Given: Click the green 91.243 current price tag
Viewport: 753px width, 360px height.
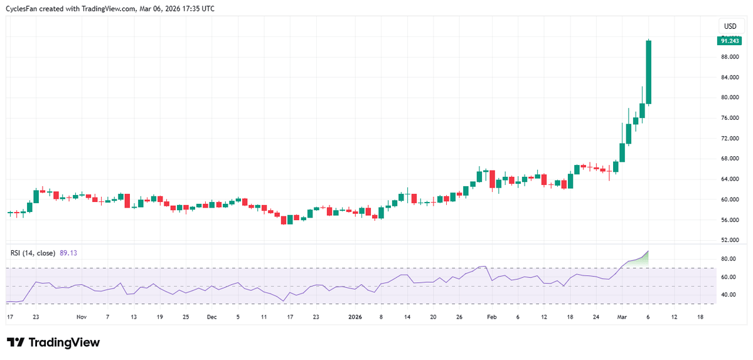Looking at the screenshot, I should pyautogui.click(x=729, y=41).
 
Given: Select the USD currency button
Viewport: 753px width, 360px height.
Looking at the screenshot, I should pyautogui.click(x=730, y=26).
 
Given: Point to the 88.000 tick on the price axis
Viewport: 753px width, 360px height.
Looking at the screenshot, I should pyautogui.click(x=729, y=57).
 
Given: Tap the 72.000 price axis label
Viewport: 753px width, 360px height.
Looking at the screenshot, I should pyautogui.click(x=729, y=138).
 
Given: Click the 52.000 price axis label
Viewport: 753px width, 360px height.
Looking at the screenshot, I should pyautogui.click(x=729, y=240).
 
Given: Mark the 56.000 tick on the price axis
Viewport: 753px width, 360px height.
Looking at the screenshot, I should pyautogui.click(x=729, y=220).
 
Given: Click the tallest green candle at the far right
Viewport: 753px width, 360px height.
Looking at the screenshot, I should pyautogui.click(x=649, y=72).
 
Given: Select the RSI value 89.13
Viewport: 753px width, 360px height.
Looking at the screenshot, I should pyautogui.click(x=68, y=253).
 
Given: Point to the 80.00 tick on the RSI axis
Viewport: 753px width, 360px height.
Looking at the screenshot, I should pyautogui.click(x=728, y=259).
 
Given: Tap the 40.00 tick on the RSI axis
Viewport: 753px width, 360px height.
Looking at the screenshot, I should pyautogui.click(x=728, y=295).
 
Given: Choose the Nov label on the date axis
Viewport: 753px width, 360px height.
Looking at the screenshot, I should pyautogui.click(x=81, y=317).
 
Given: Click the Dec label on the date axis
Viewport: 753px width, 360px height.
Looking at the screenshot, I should pyautogui.click(x=211, y=317).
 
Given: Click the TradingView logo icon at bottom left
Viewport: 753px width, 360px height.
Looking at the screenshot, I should pyautogui.click(x=16, y=342).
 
